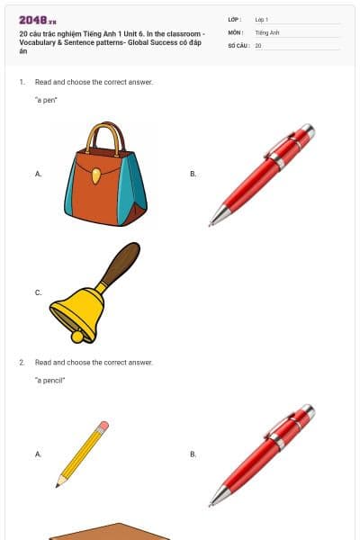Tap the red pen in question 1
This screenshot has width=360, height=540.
coord(262,174)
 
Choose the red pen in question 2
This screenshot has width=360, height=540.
coord(262,454)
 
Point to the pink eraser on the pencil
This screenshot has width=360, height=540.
coord(104,425)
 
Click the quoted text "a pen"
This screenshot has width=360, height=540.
coord(46,100)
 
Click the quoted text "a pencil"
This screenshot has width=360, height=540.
coord(50,381)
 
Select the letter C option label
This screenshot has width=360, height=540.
coord(38,292)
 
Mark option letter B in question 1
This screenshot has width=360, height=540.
coord(193,174)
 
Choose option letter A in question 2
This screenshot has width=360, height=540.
coord(38,454)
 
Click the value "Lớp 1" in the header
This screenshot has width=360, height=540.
coord(262,19)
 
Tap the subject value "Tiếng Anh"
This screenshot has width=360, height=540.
coord(267,31)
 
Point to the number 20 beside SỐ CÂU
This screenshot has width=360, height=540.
coord(258,44)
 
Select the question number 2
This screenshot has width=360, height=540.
coord(22,362)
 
